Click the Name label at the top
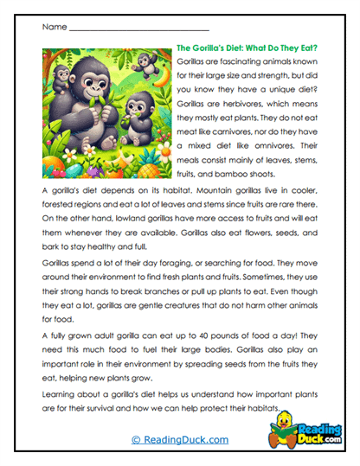[x=53, y=28]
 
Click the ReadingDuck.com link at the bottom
[x=179, y=440]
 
